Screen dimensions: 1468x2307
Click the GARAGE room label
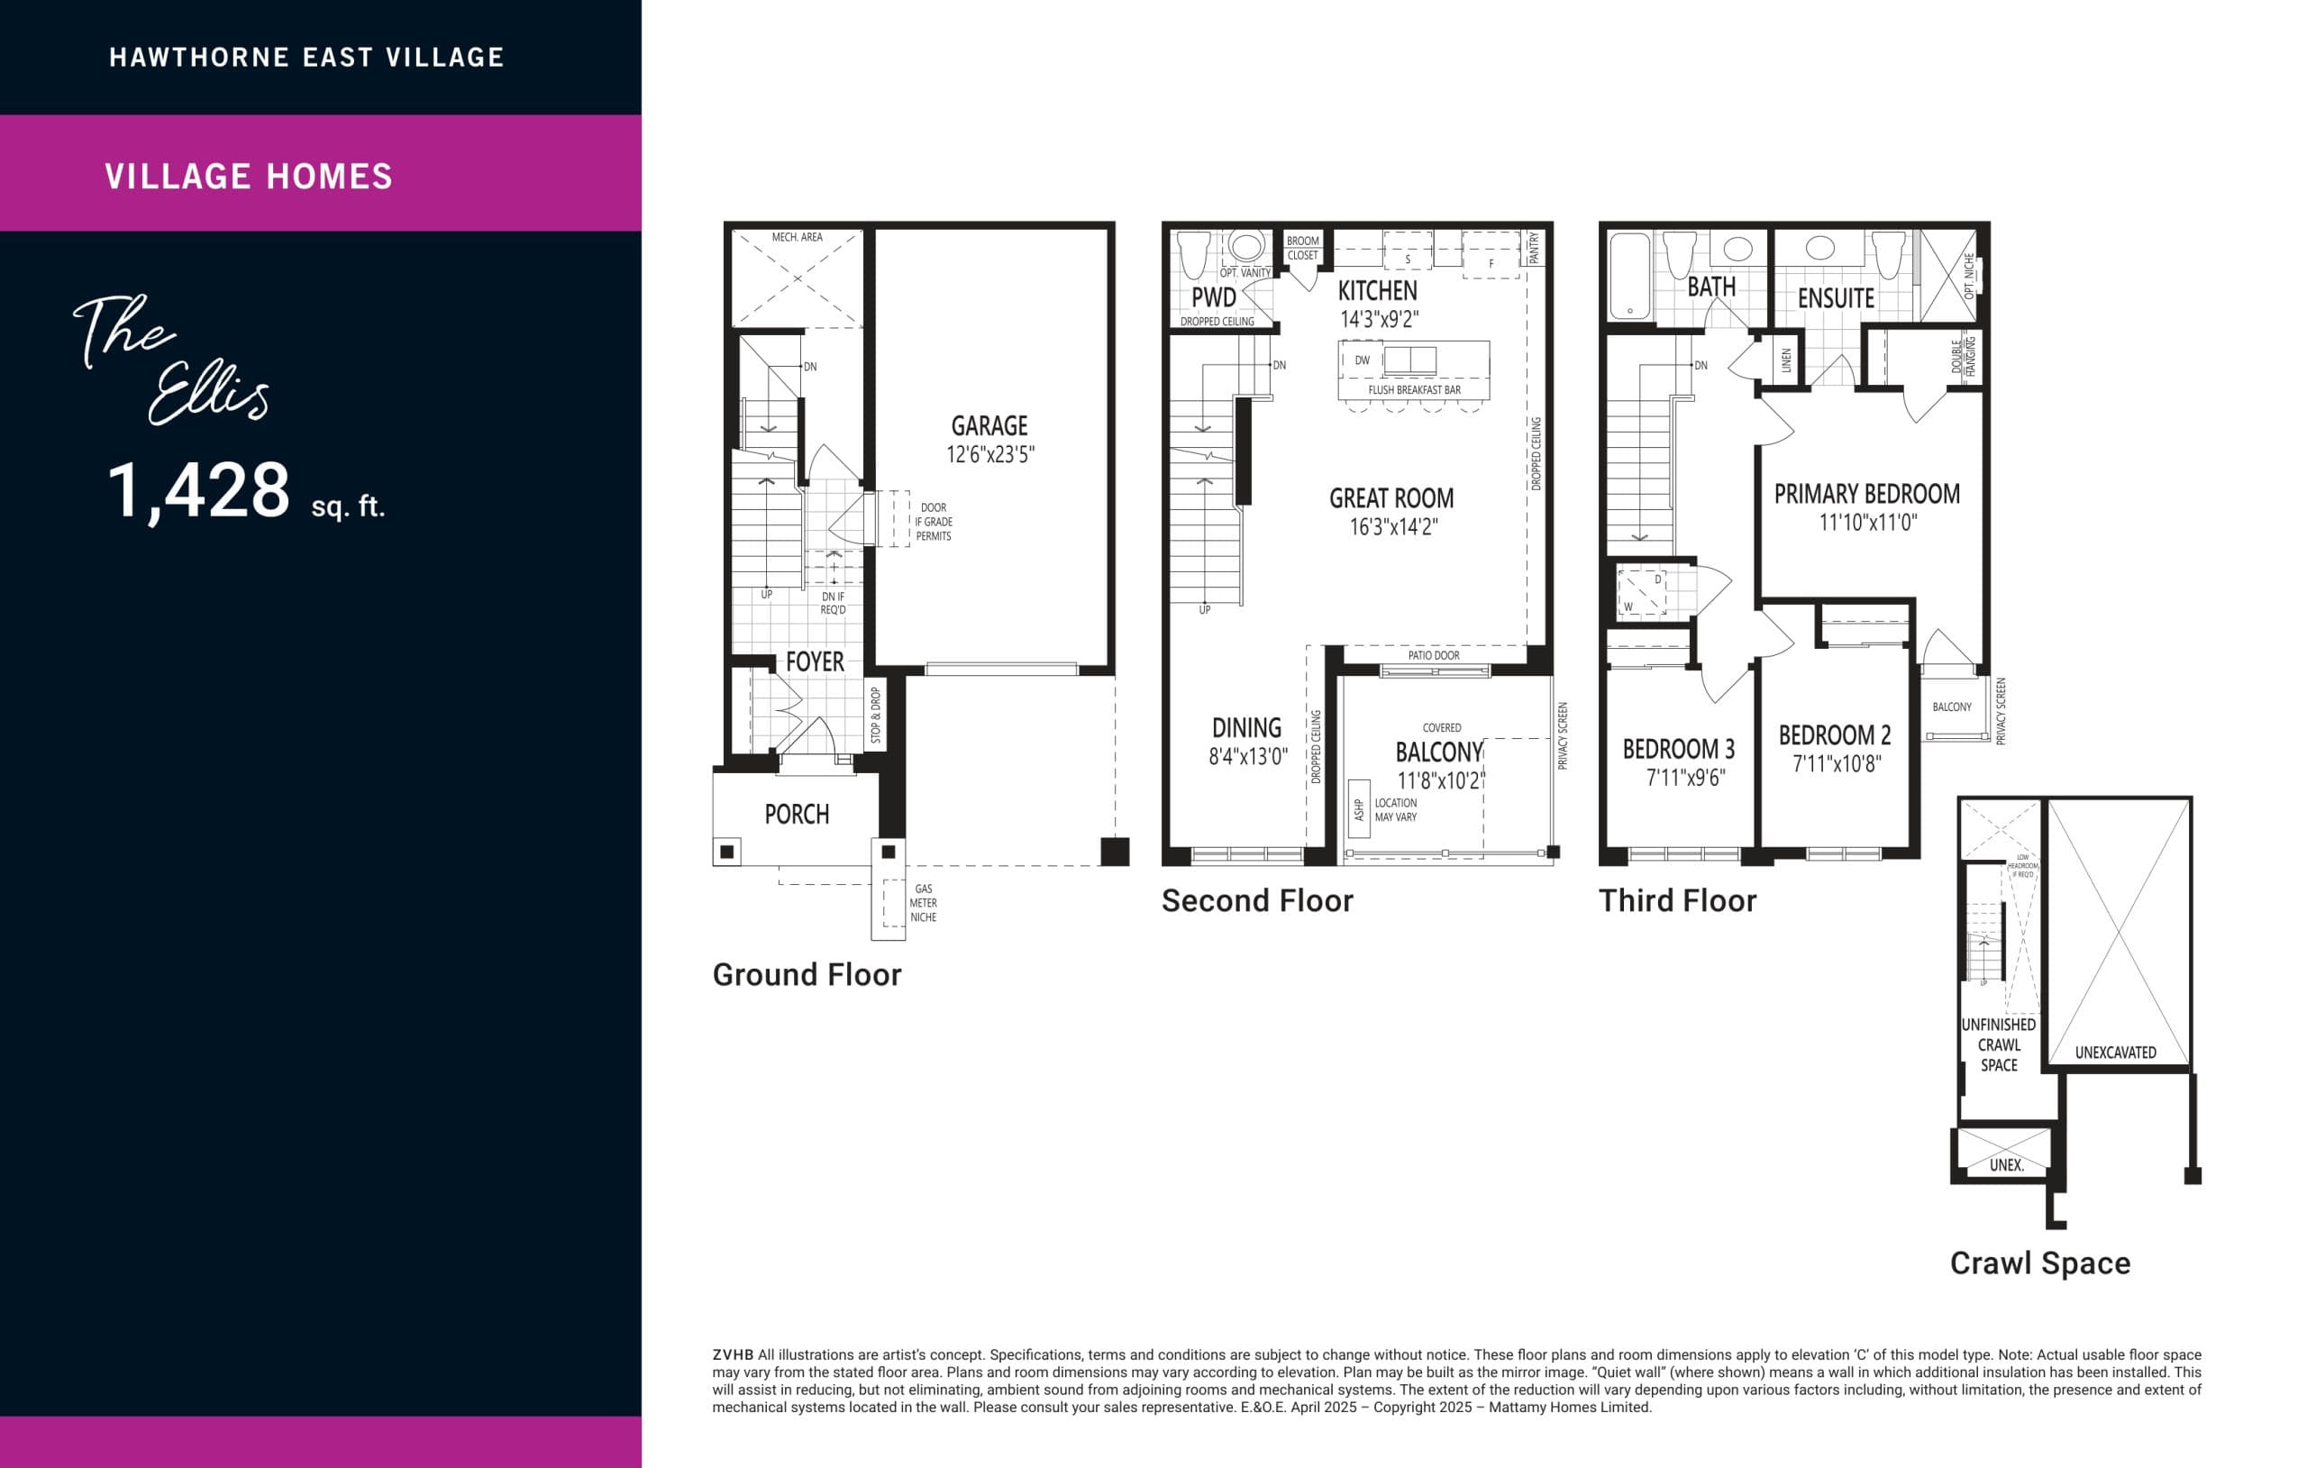[989, 425]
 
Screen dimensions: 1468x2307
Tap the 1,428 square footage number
[198, 490]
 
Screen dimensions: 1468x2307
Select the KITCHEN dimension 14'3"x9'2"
[1379, 319]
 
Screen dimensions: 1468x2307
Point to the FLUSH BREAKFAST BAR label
[1414, 390]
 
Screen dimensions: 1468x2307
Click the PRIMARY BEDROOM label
[1866, 495]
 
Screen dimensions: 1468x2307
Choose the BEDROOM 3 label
[1679, 750]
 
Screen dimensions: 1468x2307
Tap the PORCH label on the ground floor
[796, 815]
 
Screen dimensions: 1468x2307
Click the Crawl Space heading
[2039, 1263]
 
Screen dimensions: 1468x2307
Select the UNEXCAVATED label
[2115, 1053]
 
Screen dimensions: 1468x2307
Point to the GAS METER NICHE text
[923, 903]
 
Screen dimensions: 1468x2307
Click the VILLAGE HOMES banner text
[249, 177]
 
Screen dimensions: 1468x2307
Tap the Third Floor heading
[1676, 901]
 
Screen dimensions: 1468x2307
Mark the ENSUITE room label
[1835, 298]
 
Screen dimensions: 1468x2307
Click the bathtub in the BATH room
[1628, 275]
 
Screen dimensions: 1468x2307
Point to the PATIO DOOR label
[1433, 655]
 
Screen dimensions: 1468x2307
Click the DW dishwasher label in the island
[1362, 360]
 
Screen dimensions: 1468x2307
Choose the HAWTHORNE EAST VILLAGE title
[306, 58]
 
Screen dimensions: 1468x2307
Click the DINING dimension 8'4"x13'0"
[1247, 757]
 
